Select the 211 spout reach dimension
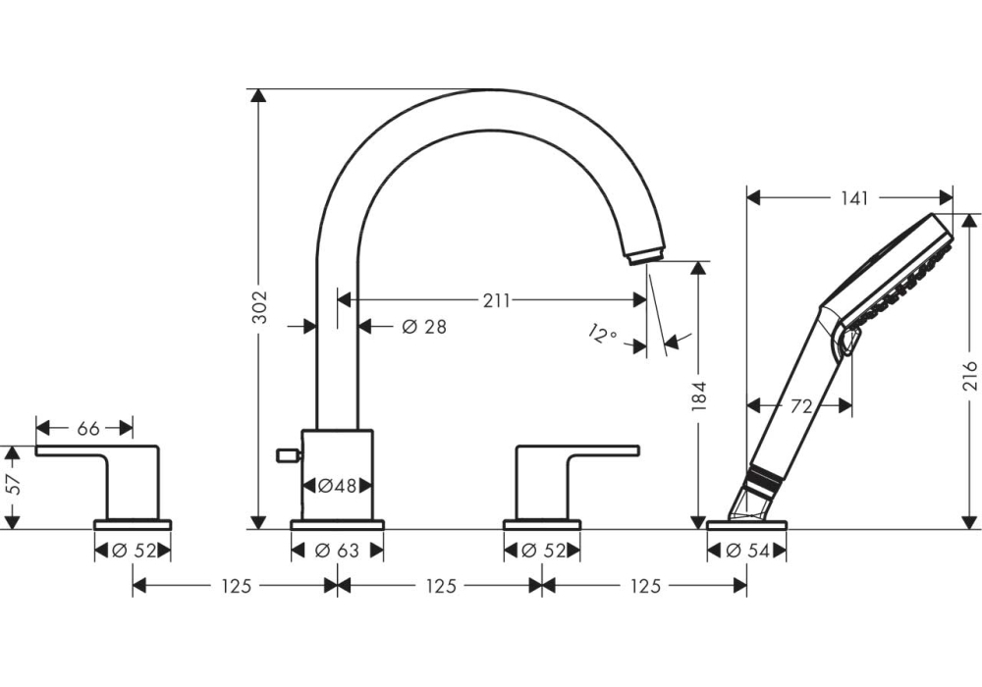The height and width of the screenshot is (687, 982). [496, 301]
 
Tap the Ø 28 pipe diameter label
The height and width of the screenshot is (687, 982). [424, 327]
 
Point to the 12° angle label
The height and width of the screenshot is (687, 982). [602, 334]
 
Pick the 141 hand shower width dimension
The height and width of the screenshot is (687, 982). [853, 198]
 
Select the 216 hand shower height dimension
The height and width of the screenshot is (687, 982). [969, 377]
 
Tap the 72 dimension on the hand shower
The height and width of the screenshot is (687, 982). [800, 405]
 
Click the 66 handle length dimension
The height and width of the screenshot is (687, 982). [88, 428]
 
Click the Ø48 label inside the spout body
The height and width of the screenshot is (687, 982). [337, 485]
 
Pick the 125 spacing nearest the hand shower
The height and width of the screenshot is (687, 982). [643, 586]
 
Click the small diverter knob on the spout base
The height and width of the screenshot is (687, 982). [288, 453]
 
